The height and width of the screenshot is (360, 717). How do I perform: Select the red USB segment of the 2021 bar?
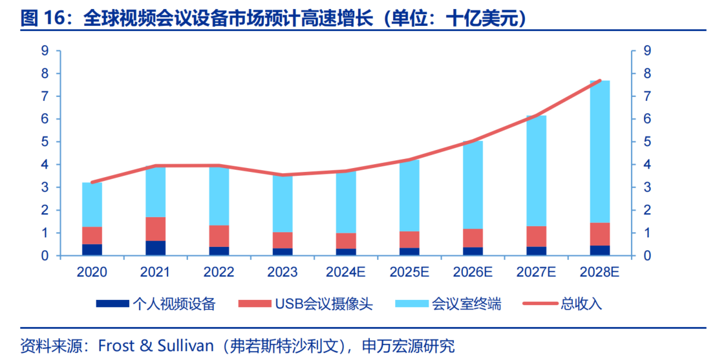click(x=155, y=229)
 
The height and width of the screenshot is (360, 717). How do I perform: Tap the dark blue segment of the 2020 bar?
click(x=92, y=249)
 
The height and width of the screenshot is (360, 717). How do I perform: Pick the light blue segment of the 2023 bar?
click(x=282, y=204)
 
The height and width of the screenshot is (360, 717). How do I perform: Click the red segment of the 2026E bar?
click(x=473, y=238)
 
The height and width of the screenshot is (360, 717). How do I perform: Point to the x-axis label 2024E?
click(x=345, y=272)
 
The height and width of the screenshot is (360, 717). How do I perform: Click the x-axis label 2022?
click(x=219, y=272)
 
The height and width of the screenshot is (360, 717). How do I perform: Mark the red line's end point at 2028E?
click(x=600, y=81)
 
